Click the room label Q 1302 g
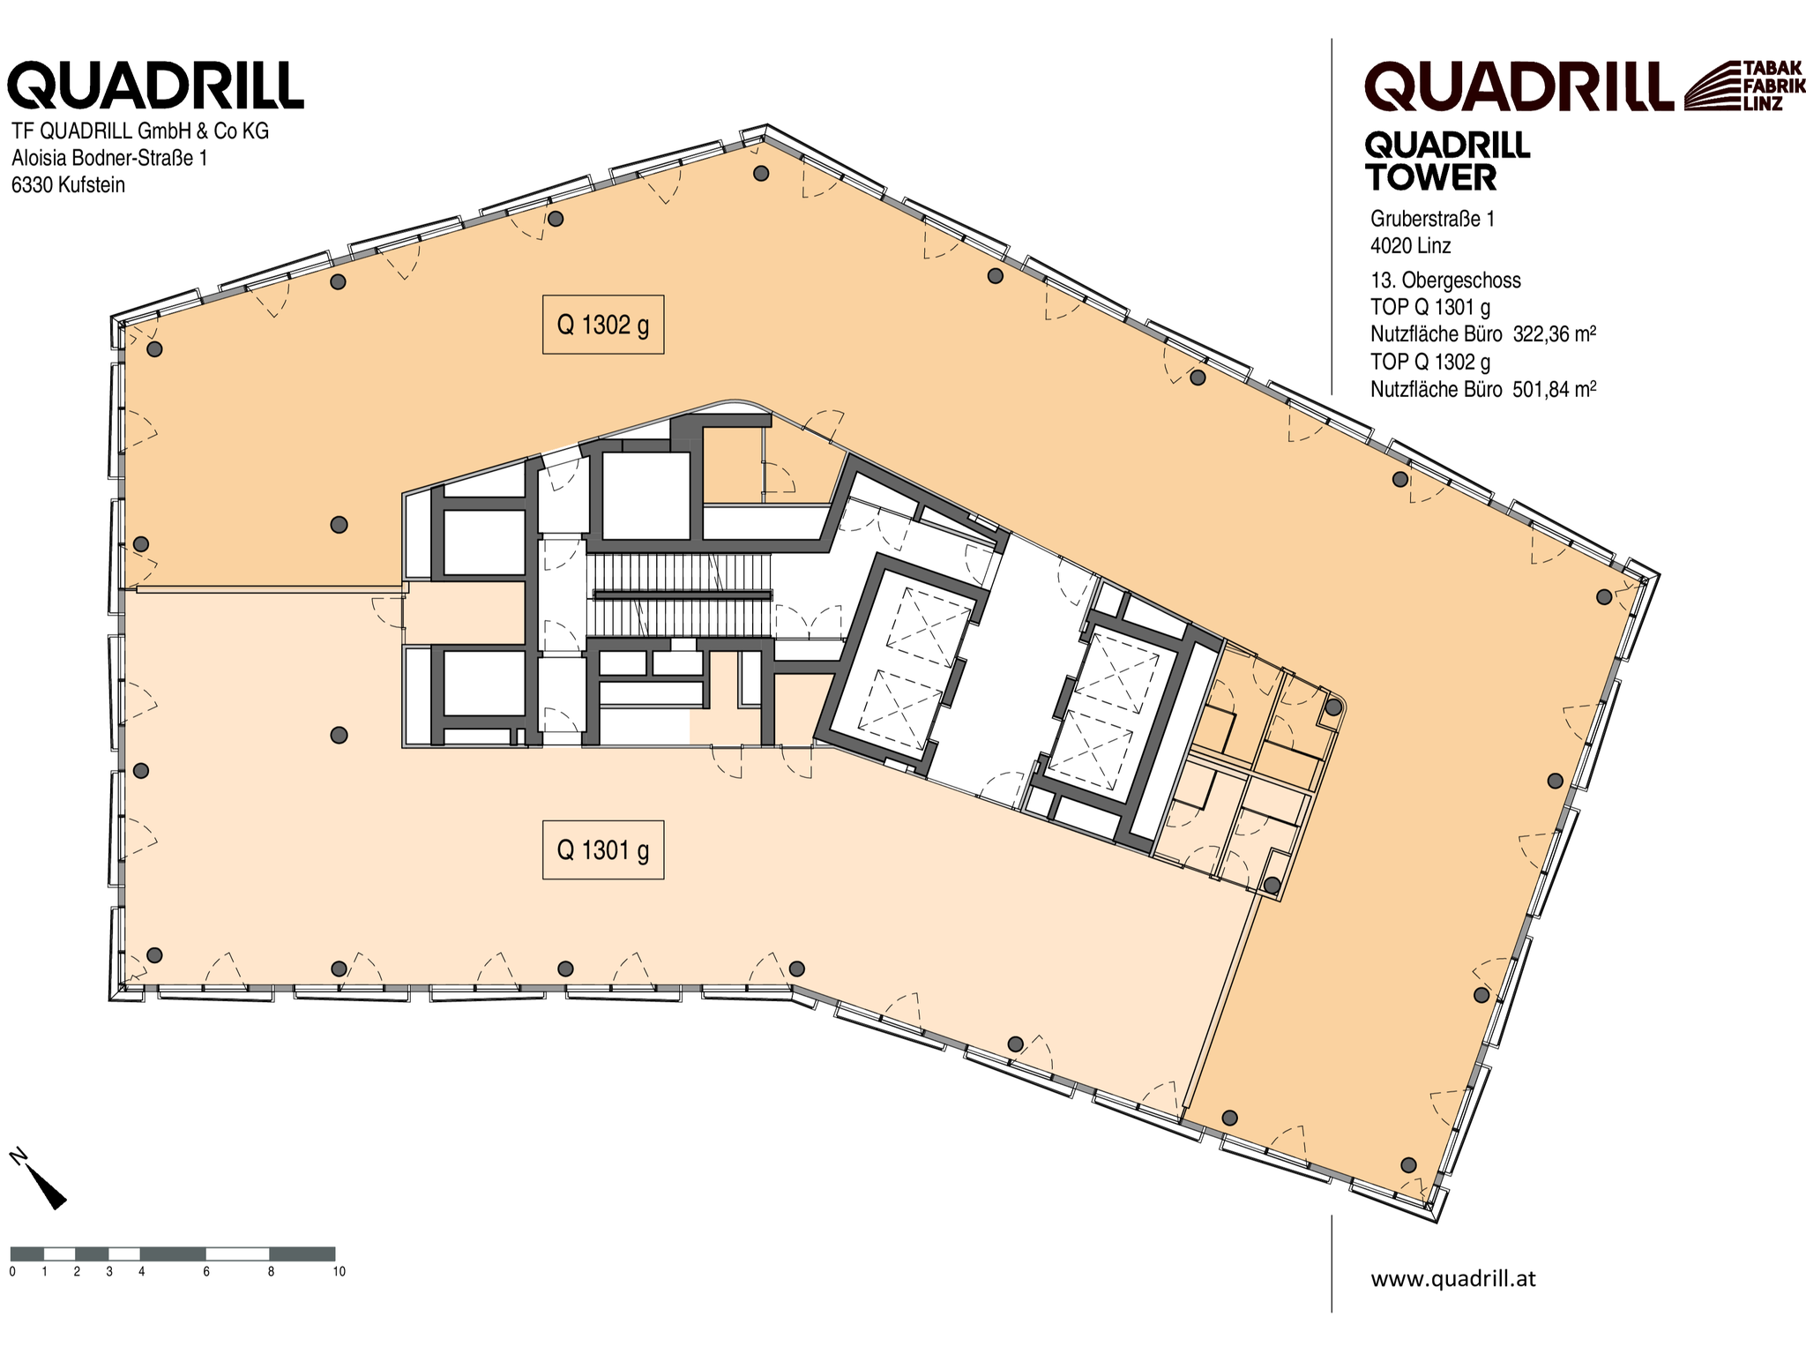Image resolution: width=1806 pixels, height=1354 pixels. (602, 325)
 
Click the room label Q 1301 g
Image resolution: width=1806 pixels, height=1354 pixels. (602, 849)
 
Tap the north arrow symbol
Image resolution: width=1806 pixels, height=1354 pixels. (40, 1178)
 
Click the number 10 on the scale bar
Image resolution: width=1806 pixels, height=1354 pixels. (339, 1271)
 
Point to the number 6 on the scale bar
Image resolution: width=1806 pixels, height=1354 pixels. (206, 1271)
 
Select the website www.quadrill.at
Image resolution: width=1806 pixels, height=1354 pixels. (1452, 1279)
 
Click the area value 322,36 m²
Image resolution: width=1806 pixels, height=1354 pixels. (1555, 334)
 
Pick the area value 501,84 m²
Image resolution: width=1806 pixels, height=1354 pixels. (1555, 389)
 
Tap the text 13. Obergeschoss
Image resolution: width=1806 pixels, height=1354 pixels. (1445, 281)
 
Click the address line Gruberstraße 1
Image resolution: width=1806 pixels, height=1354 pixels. (1432, 219)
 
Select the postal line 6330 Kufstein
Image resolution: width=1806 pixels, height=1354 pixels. (68, 185)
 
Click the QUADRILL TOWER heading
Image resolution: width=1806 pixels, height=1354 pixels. (1447, 161)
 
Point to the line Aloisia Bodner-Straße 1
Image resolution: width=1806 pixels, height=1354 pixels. (109, 158)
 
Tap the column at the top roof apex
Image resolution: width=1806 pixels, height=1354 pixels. (761, 173)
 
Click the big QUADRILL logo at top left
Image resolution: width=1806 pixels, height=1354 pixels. (156, 86)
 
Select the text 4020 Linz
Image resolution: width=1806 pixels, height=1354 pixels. (1411, 246)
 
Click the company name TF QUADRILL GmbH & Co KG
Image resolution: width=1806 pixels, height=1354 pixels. (140, 131)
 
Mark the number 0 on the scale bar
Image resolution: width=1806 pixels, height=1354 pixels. (12, 1271)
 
